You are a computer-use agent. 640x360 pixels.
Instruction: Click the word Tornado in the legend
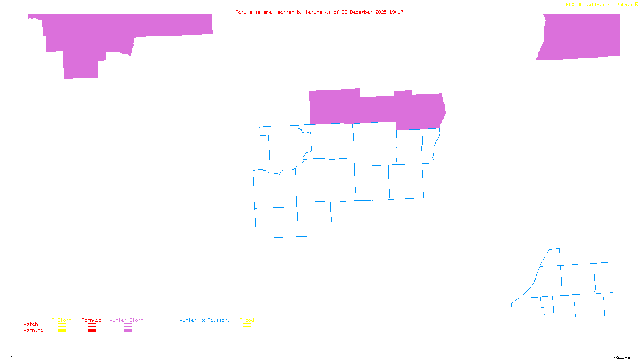tap(92, 320)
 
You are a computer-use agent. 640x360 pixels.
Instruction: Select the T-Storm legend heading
tap(62, 320)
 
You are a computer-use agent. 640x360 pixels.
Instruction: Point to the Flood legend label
tap(247, 320)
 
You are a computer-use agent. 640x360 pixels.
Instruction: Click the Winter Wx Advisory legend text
tap(205, 320)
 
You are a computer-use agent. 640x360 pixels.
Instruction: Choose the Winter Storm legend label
tap(126, 320)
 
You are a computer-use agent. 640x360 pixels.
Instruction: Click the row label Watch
tap(31, 324)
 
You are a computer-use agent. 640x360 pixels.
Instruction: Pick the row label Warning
tap(34, 330)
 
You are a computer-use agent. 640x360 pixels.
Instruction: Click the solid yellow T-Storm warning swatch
tap(62, 331)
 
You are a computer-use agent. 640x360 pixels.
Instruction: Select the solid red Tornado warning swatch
tap(92, 331)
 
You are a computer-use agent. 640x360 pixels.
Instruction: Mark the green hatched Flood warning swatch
tap(247, 331)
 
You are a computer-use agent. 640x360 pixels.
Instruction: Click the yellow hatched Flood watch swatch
tap(247, 325)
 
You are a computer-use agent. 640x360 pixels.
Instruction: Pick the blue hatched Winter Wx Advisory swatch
tap(204, 331)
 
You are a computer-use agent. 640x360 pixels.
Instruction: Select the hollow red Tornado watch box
tap(92, 325)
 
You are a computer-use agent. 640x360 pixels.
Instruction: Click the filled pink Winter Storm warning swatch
tap(128, 331)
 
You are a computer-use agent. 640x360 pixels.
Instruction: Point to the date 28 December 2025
tap(364, 12)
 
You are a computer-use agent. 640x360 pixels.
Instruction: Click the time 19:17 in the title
tap(396, 12)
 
